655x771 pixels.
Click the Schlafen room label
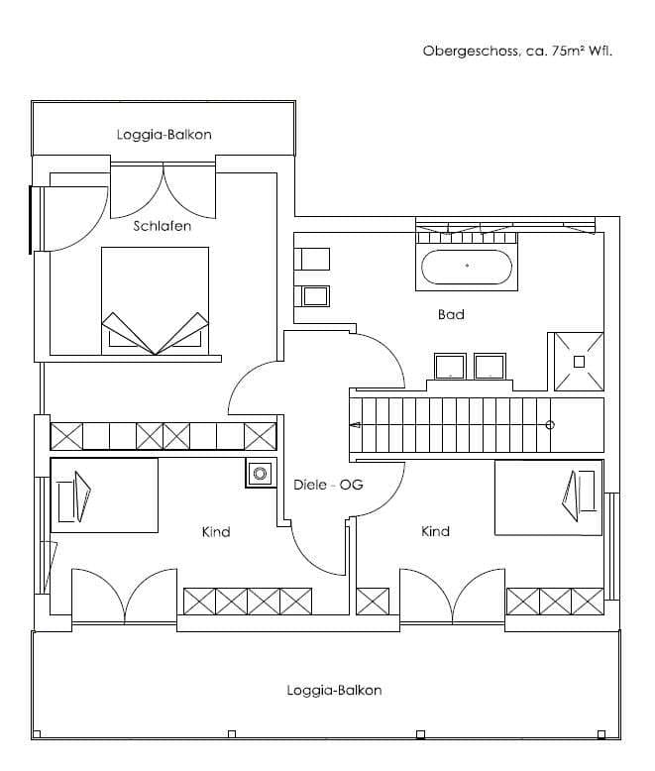(x=163, y=226)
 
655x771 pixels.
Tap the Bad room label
(x=451, y=314)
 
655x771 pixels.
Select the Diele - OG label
(x=328, y=485)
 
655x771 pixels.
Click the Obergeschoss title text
(x=470, y=52)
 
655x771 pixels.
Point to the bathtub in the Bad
(x=467, y=267)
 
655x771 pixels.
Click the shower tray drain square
(x=579, y=362)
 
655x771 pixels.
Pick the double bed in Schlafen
(x=155, y=300)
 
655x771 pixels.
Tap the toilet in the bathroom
(x=312, y=259)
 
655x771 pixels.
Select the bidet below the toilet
(x=312, y=296)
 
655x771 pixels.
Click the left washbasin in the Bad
(x=450, y=367)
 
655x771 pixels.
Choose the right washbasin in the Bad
(x=490, y=367)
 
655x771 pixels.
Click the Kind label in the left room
(x=216, y=532)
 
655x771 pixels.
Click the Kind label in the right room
(x=435, y=531)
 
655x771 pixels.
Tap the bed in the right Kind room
(x=548, y=497)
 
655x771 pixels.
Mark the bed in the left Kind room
(x=104, y=496)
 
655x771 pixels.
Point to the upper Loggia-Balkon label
(x=164, y=135)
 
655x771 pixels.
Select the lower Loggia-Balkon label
(x=334, y=691)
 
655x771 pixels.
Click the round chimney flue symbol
(x=260, y=474)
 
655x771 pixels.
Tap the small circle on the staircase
(x=550, y=425)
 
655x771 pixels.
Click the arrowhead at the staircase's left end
(x=356, y=425)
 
